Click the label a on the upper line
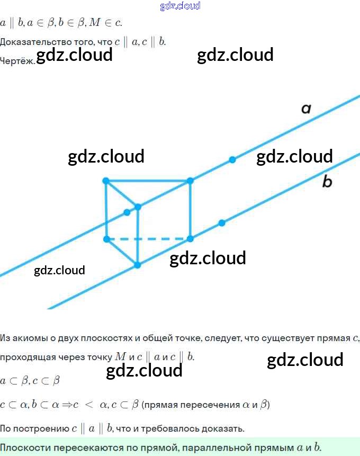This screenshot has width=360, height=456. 306,109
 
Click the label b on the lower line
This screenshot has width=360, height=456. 327,182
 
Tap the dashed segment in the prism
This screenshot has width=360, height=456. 148,239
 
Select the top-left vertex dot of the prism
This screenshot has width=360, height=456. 106,181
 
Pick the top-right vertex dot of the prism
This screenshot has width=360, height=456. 191,181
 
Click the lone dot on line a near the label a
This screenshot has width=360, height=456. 232,159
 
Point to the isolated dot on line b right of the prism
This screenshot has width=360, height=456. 222,223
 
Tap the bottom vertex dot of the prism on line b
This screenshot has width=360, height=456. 138,265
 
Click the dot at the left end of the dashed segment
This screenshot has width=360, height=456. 106,239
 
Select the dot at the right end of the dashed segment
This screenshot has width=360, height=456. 191,239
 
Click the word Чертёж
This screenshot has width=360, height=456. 17,60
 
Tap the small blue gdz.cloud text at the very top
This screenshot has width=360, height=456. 180,6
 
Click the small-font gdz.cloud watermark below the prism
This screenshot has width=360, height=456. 59,271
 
